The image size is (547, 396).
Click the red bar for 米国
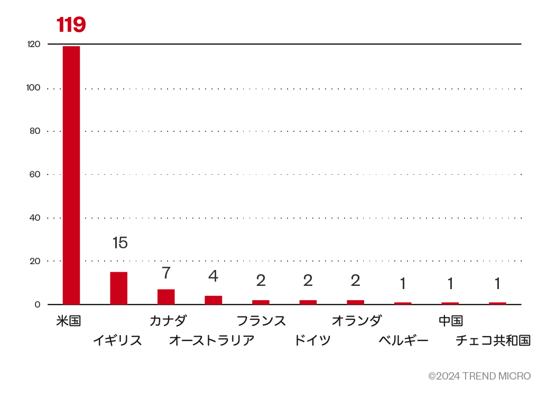click(x=71, y=175)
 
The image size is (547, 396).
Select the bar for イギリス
click(x=118, y=288)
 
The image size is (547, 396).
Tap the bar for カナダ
click(x=166, y=296)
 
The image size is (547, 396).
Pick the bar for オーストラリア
click(x=213, y=300)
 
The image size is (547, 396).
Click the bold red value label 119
click(x=71, y=24)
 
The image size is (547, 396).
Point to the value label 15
click(x=120, y=243)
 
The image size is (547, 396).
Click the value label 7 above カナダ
click(x=166, y=273)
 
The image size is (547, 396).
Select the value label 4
click(x=213, y=276)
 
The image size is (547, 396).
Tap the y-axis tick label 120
click(x=33, y=44)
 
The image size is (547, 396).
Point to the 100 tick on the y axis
click(x=33, y=88)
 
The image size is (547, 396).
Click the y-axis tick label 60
click(x=35, y=174)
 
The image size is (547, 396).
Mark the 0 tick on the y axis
click(x=38, y=304)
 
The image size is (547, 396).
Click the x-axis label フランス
click(x=261, y=321)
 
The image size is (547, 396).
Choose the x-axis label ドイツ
click(x=312, y=340)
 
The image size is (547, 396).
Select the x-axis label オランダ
click(x=356, y=321)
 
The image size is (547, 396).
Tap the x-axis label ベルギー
click(x=403, y=340)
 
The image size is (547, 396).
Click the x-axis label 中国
click(x=450, y=321)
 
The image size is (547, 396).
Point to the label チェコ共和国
click(x=493, y=340)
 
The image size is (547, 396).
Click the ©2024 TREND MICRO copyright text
click(x=479, y=376)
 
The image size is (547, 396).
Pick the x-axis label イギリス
click(x=117, y=340)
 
